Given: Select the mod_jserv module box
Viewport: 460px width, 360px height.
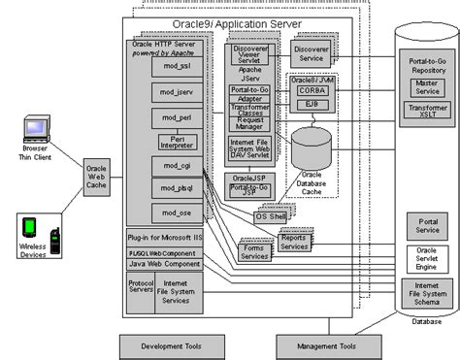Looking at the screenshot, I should pyautogui.click(x=172, y=93).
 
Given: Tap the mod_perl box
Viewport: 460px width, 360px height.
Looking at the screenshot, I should pyautogui.click(x=172, y=117).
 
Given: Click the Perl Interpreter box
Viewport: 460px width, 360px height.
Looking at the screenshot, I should pyautogui.click(x=172, y=142).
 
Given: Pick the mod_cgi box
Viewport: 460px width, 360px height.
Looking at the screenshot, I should pyautogui.click(x=172, y=166).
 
